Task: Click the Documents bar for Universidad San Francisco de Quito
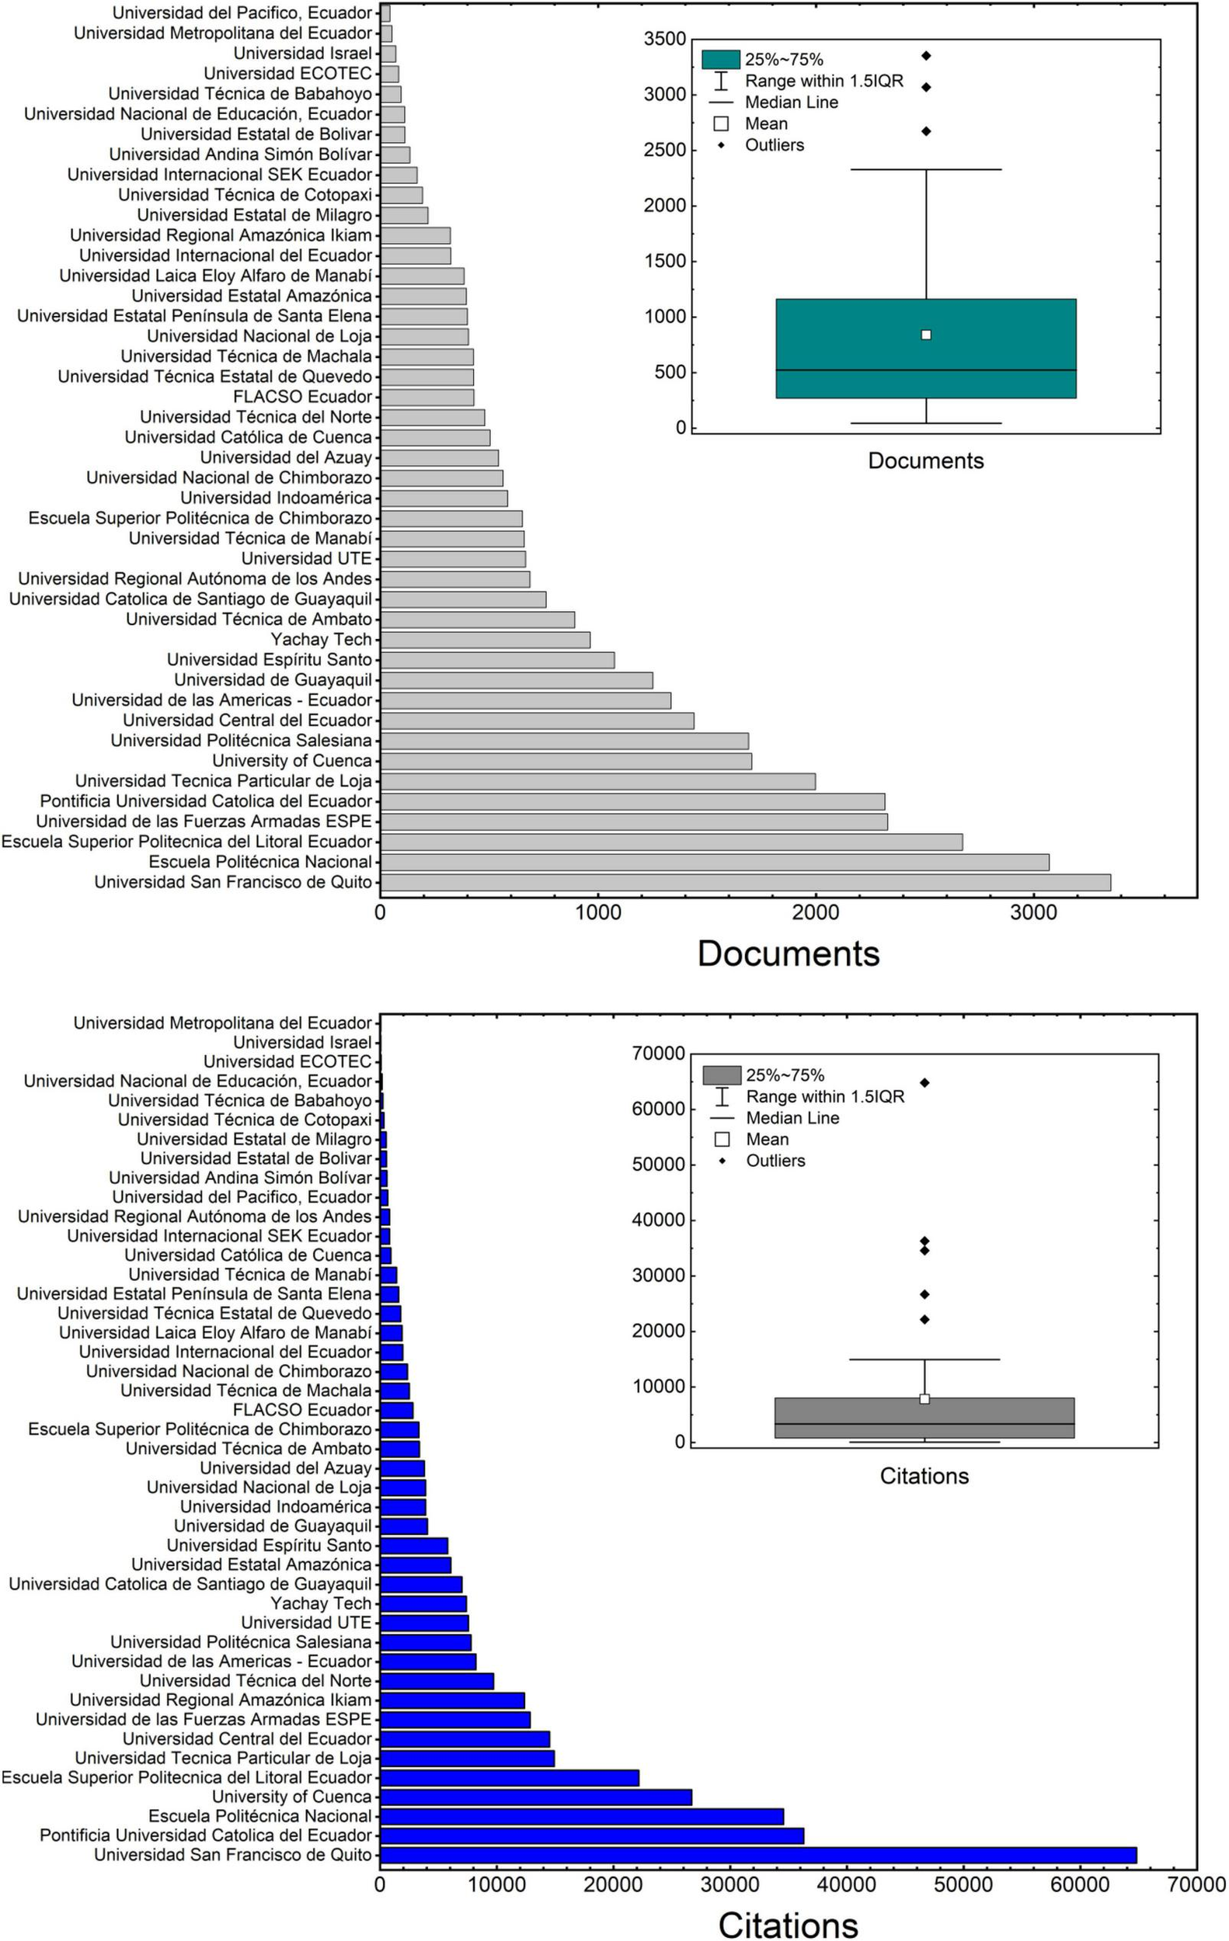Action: click(745, 882)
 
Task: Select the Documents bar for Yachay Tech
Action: click(486, 640)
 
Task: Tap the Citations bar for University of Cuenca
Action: click(535, 1797)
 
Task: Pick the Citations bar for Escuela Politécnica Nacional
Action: click(581, 1816)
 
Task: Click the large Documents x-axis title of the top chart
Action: click(788, 953)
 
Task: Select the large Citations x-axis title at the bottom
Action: click(788, 1924)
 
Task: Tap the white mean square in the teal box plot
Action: click(926, 335)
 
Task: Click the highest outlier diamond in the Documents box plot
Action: click(927, 56)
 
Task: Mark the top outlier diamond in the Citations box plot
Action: click(925, 1082)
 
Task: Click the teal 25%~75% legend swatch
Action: click(720, 60)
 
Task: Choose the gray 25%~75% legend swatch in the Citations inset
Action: click(722, 1075)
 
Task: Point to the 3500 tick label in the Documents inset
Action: click(664, 39)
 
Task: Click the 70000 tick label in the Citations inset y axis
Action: click(658, 1054)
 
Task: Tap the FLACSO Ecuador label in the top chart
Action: click(302, 397)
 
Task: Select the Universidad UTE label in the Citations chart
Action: click(306, 1623)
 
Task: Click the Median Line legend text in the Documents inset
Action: click(791, 102)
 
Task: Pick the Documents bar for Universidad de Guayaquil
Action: click(517, 680)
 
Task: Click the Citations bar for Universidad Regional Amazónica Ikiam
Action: click(452, 1700)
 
